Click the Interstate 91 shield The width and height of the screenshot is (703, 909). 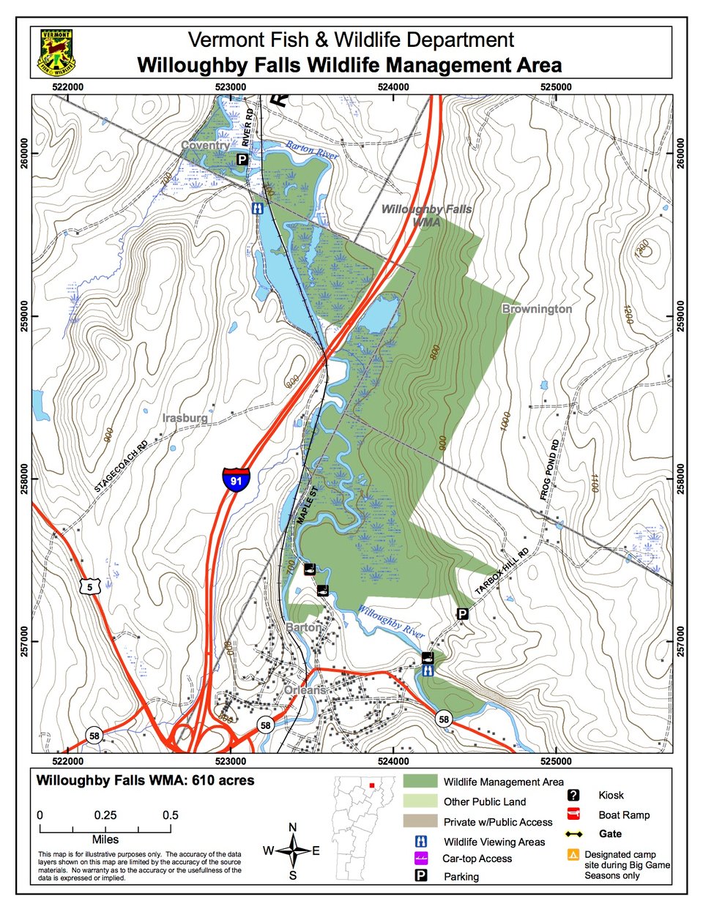236,479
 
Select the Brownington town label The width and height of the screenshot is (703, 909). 537,309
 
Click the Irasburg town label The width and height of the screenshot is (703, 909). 185,418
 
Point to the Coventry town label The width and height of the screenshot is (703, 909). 204,146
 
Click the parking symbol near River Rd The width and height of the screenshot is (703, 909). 242,159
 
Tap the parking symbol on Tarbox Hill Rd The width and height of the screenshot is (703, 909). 462,613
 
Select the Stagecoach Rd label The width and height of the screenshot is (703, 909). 121,465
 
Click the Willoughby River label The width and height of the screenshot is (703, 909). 391,618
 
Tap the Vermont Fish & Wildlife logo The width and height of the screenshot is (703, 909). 56,53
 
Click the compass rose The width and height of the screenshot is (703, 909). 293,850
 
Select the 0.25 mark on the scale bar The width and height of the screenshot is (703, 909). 105,815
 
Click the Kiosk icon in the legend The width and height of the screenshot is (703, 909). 573,795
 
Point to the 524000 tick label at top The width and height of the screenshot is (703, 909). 393,87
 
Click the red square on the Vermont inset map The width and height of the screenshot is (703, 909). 373,785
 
